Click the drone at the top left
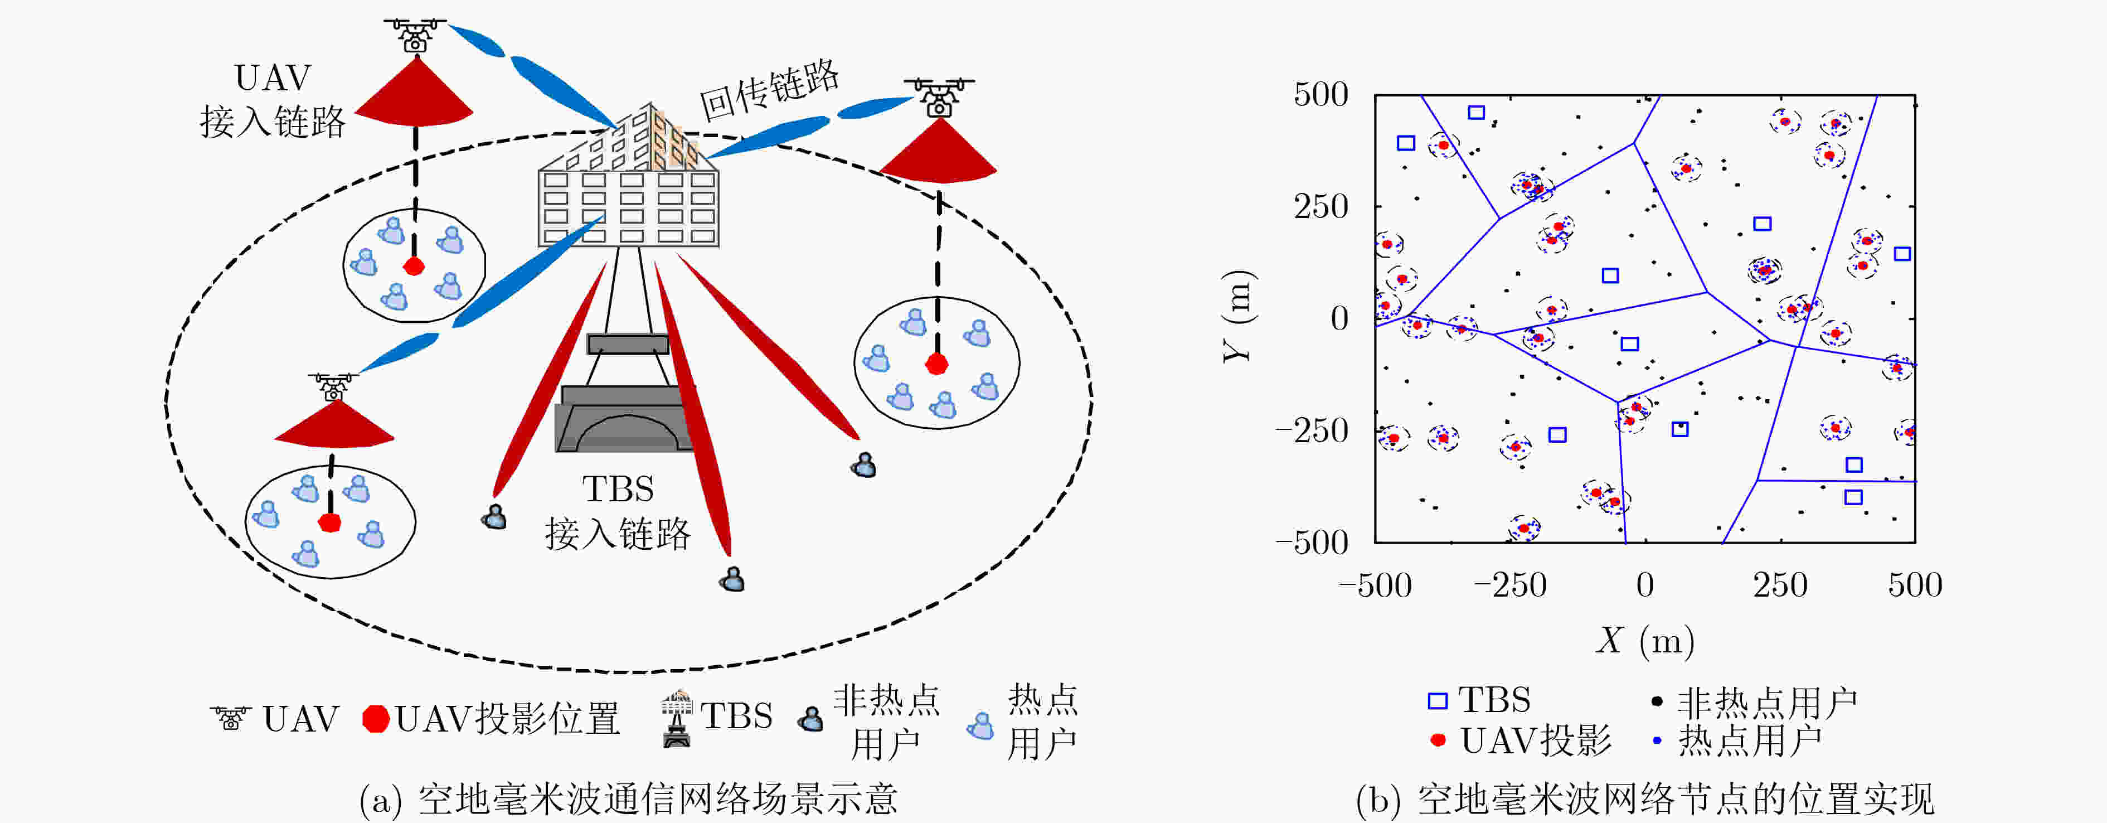(x=415, y=35)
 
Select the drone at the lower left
(x=333, y=387)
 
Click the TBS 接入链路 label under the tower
(x=618, y=511)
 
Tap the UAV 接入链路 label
(x=273, y=100)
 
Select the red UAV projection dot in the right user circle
(x=936, y=363)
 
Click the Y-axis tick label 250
(x=1321, y=206)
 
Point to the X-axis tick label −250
(x=1510, y=585)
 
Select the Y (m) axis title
(x=1239, y=317)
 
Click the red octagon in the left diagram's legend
(x=376, y=718)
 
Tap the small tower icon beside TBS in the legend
(x=677, y=718)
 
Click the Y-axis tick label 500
(x=1321, y=95)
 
